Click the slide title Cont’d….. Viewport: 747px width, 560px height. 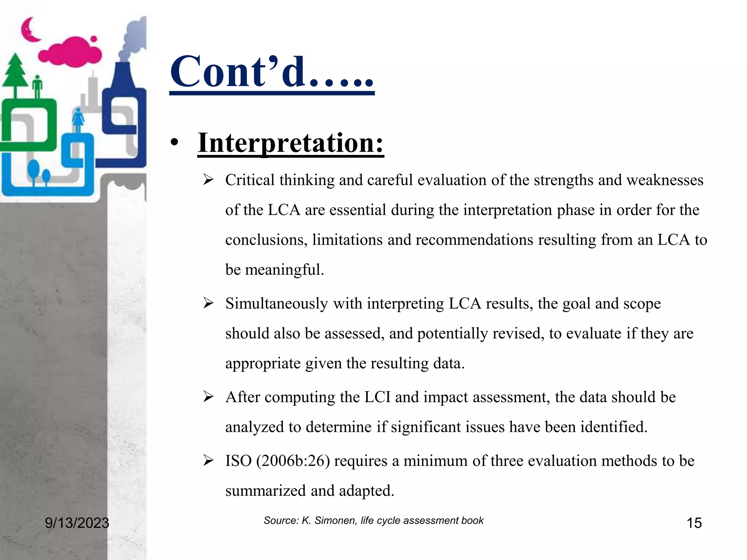tap(272, 72)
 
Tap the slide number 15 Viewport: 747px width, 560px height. tap(694, 523)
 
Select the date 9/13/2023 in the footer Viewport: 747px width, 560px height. tap(77, 523)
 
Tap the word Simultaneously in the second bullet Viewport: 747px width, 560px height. tap(276, 304)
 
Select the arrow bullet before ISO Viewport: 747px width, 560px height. tap(208, 461)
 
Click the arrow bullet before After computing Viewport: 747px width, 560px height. tap(208, 397)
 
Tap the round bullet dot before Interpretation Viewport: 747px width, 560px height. tap(175, 143)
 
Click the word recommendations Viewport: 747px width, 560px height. tap(474, 240)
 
